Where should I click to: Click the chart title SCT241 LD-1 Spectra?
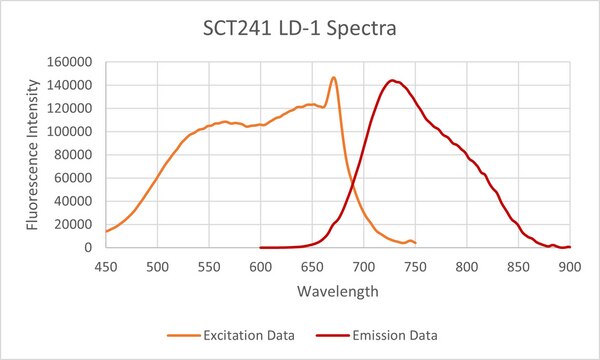(299, 28)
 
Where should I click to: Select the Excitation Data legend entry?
(238, 334)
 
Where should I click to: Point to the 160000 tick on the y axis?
(72, 62)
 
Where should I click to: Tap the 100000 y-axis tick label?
(72, 132)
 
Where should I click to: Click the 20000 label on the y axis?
(76, 225)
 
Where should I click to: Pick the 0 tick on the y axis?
(91, 248)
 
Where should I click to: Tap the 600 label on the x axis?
(260, 266)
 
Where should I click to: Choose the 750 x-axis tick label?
(415, 266)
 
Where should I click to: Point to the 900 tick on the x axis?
(570, 266)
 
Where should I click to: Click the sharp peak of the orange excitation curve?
(333, 77)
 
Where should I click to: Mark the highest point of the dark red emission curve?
(392, 80)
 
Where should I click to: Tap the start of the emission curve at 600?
(260, 247)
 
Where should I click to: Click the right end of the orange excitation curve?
(415, 243)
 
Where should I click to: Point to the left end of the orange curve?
(105, 232)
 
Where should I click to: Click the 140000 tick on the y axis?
(72, 85)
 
